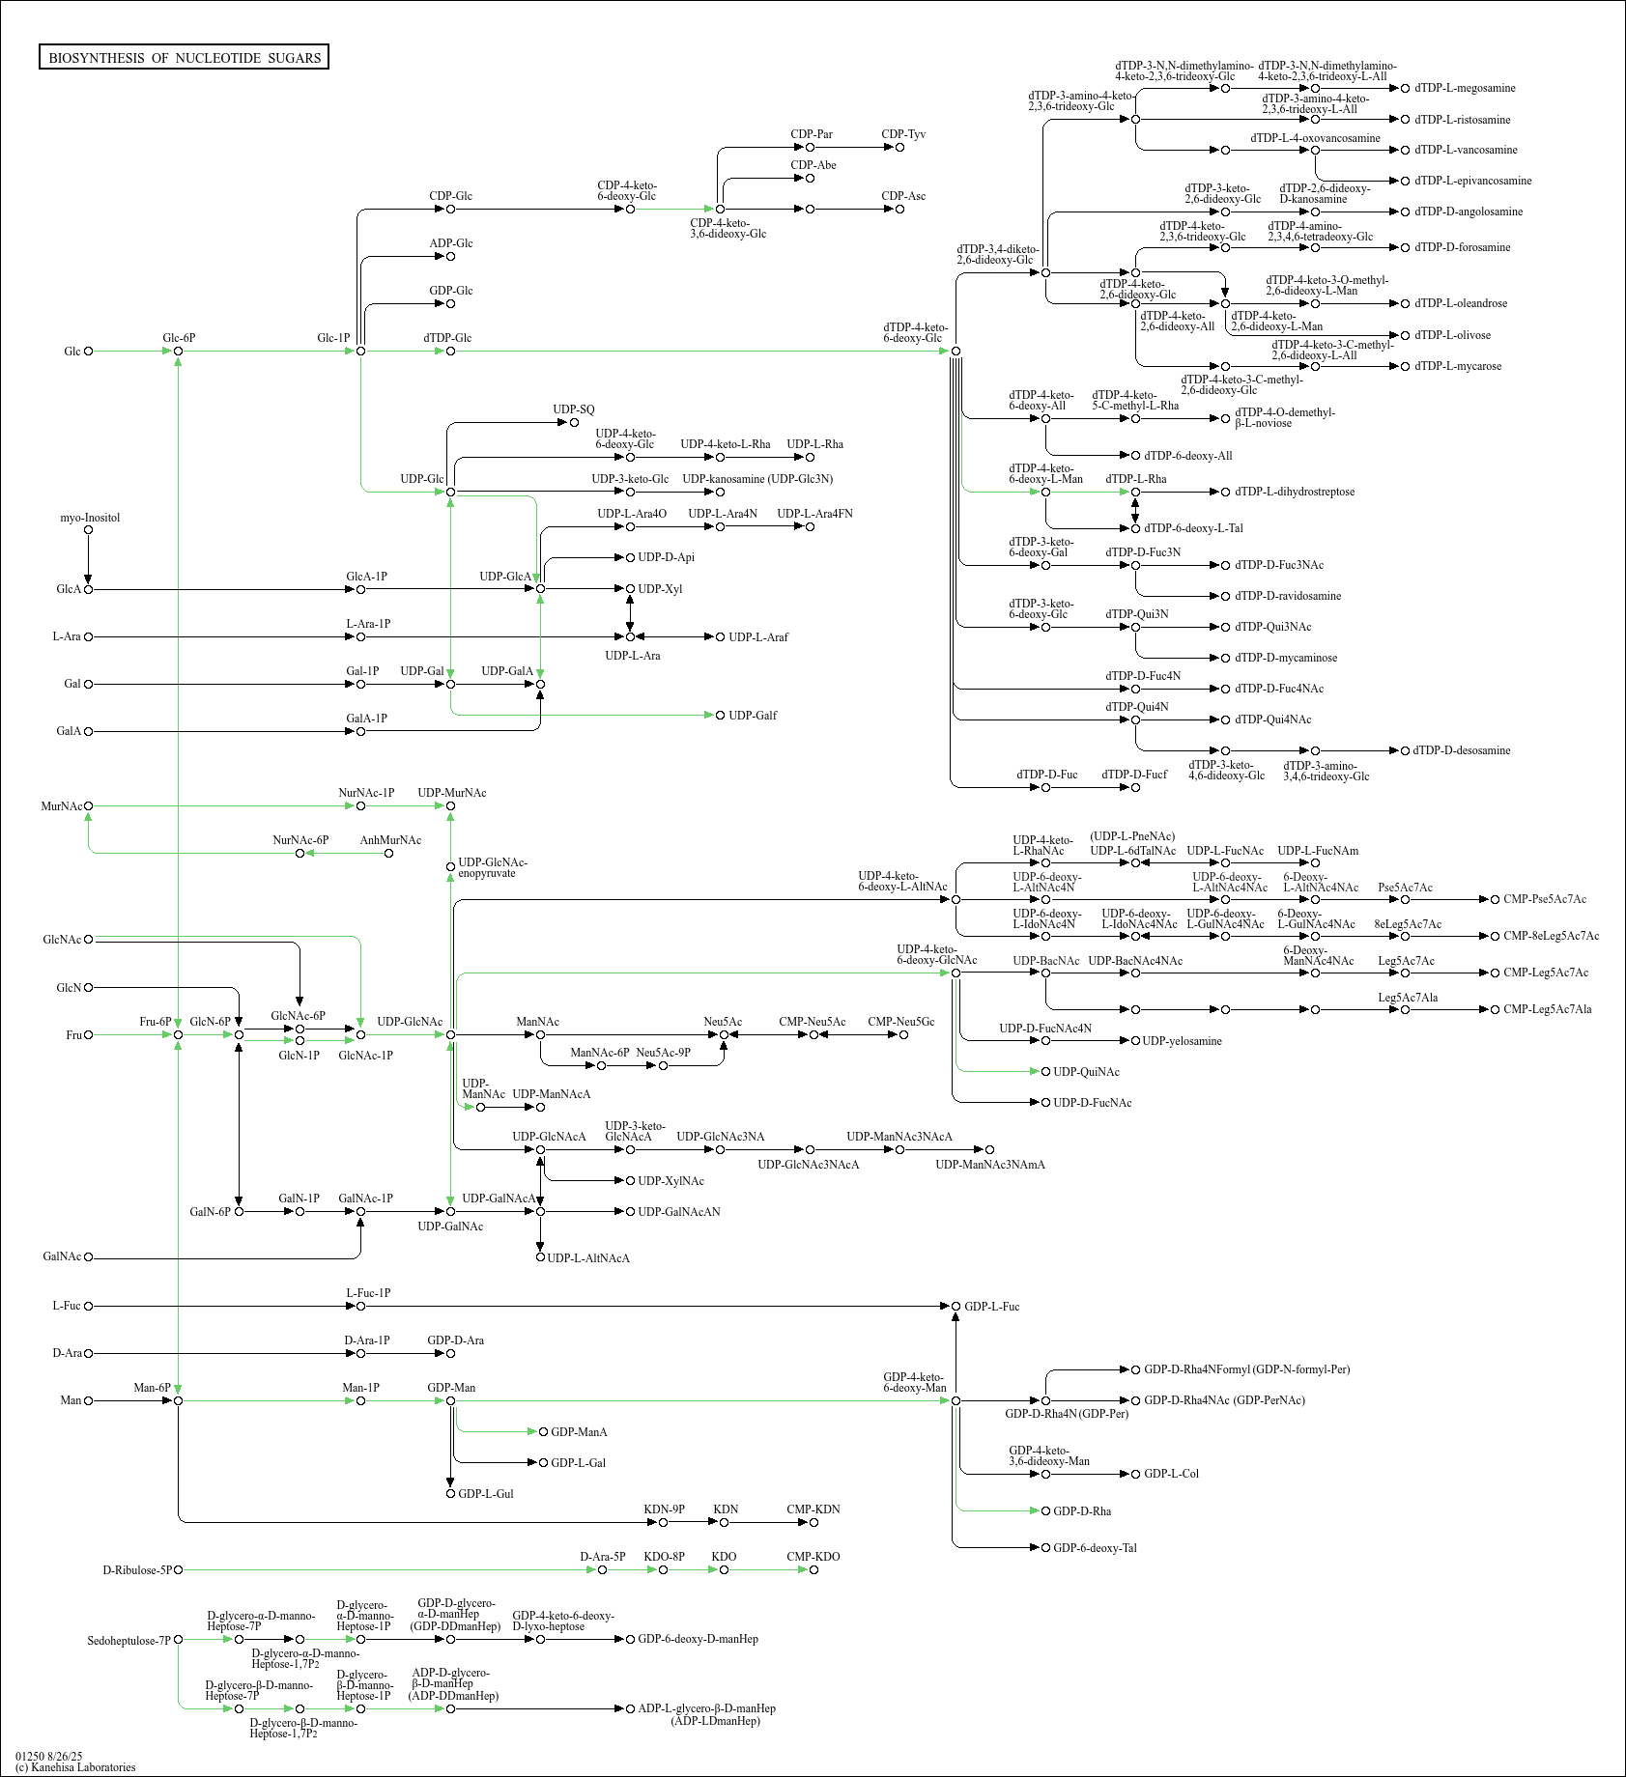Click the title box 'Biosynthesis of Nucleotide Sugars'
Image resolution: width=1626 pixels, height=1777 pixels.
coord(185,58)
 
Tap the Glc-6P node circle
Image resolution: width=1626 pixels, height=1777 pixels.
coord(179,352)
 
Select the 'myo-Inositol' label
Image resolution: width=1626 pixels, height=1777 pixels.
coord(90,518)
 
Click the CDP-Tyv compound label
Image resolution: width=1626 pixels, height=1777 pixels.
coord(903,134)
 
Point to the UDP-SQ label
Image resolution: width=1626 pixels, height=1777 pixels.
coord(574,409)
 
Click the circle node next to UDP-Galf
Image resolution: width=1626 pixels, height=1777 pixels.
coord(720,716)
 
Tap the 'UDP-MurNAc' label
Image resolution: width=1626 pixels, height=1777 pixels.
coord(452,793)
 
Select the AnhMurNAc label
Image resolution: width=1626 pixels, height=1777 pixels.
coord(390,840)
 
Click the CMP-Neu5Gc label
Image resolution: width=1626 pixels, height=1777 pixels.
coord(900,1022)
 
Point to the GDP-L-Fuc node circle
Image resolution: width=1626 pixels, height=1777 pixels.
coord(956,1307)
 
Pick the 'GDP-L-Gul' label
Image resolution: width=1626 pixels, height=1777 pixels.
coord(486,1494)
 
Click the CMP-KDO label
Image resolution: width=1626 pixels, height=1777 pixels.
coord(813,1557)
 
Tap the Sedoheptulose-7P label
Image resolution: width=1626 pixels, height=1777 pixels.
coord(128,1641)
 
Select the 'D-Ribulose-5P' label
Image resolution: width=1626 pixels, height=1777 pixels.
coord(137,1570)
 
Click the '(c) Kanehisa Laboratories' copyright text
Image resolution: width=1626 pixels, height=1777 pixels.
coord(75,1767)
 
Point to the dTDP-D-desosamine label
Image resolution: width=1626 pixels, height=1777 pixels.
coord(1462,750)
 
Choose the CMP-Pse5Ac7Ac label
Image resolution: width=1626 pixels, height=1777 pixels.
coord(1545,899)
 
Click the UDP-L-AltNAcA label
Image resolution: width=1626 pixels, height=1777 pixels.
coord(588,1258)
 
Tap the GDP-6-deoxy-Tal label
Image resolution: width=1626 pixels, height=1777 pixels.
coord(1095,1548)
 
